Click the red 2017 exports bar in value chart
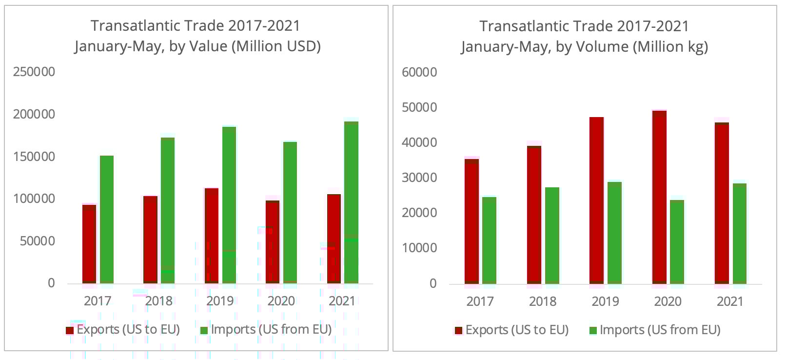(x=89, y=244)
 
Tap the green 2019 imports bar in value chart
(x=229, y=205)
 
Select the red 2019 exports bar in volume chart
(x=596, y=200)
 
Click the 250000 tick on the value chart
(x=34, y=72)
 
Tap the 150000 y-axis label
(x=34, y=157)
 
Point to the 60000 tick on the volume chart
(x=419, y=72)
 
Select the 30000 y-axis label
(x=419, y=178)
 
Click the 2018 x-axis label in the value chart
(x=159, y=300)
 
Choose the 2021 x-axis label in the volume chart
(x=730, y=301)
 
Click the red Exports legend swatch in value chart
(x=70, y=330)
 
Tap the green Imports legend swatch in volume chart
(x=593, y=331)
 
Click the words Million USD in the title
(x=276, y=46)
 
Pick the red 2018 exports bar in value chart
(x=150, y=239)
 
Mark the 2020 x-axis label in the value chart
(x=281, y=300)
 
